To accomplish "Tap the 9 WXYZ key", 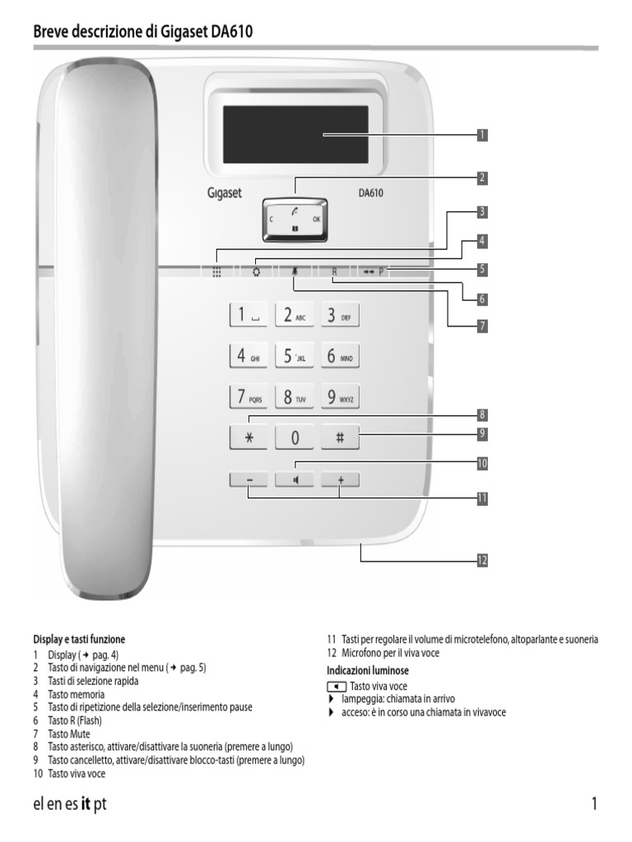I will click(x=340, y=398).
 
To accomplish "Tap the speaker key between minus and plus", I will click(x=295, y=480).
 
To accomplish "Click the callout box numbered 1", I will click(x=482, y=133).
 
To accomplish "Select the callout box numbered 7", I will click(x=482, y=326).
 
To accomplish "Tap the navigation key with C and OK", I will click(x=295, y=220).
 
